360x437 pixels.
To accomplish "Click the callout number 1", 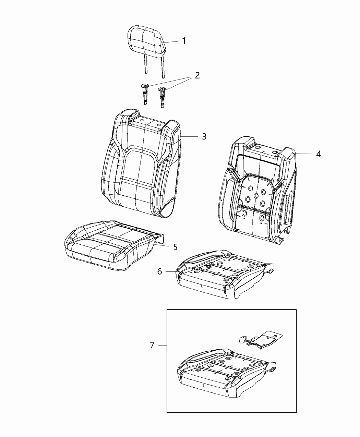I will [184, 41].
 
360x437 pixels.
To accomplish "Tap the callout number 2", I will [197, 75].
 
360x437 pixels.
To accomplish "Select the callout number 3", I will [204, 136].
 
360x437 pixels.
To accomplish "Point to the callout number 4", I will [319, 154].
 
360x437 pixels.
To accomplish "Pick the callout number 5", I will [175, 247].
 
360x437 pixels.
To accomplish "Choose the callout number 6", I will [159, 271].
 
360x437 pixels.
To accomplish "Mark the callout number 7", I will [152, 345].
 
